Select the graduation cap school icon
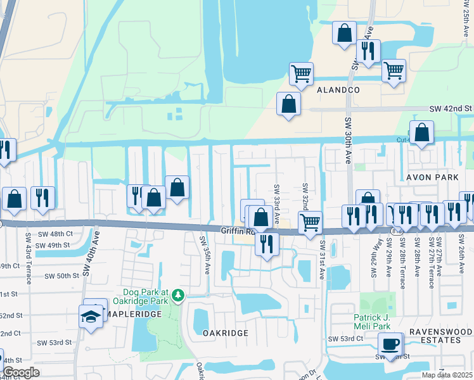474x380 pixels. pos(91,315)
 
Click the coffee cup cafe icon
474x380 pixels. pos(390,345)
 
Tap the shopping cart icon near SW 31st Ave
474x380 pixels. pos(310,223)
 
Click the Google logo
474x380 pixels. pos(21,372)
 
